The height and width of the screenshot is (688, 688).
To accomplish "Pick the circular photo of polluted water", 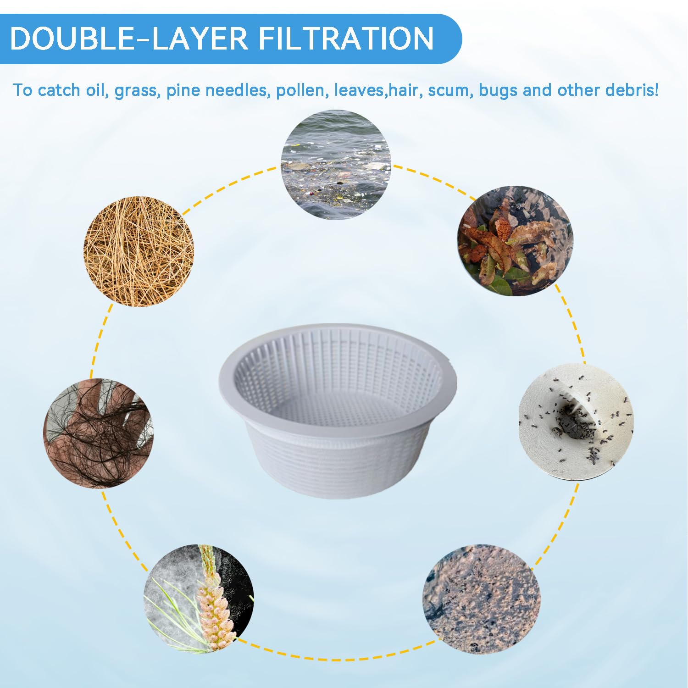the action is [x=336, y=165].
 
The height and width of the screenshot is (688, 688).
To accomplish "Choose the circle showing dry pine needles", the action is [x=139, y=252].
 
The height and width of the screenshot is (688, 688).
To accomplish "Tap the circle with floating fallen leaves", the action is [x=516, y=241].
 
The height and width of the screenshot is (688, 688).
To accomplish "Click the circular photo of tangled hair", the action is [x=98, y=433].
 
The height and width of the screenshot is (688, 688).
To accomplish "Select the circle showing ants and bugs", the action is [x=576, y=422].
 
